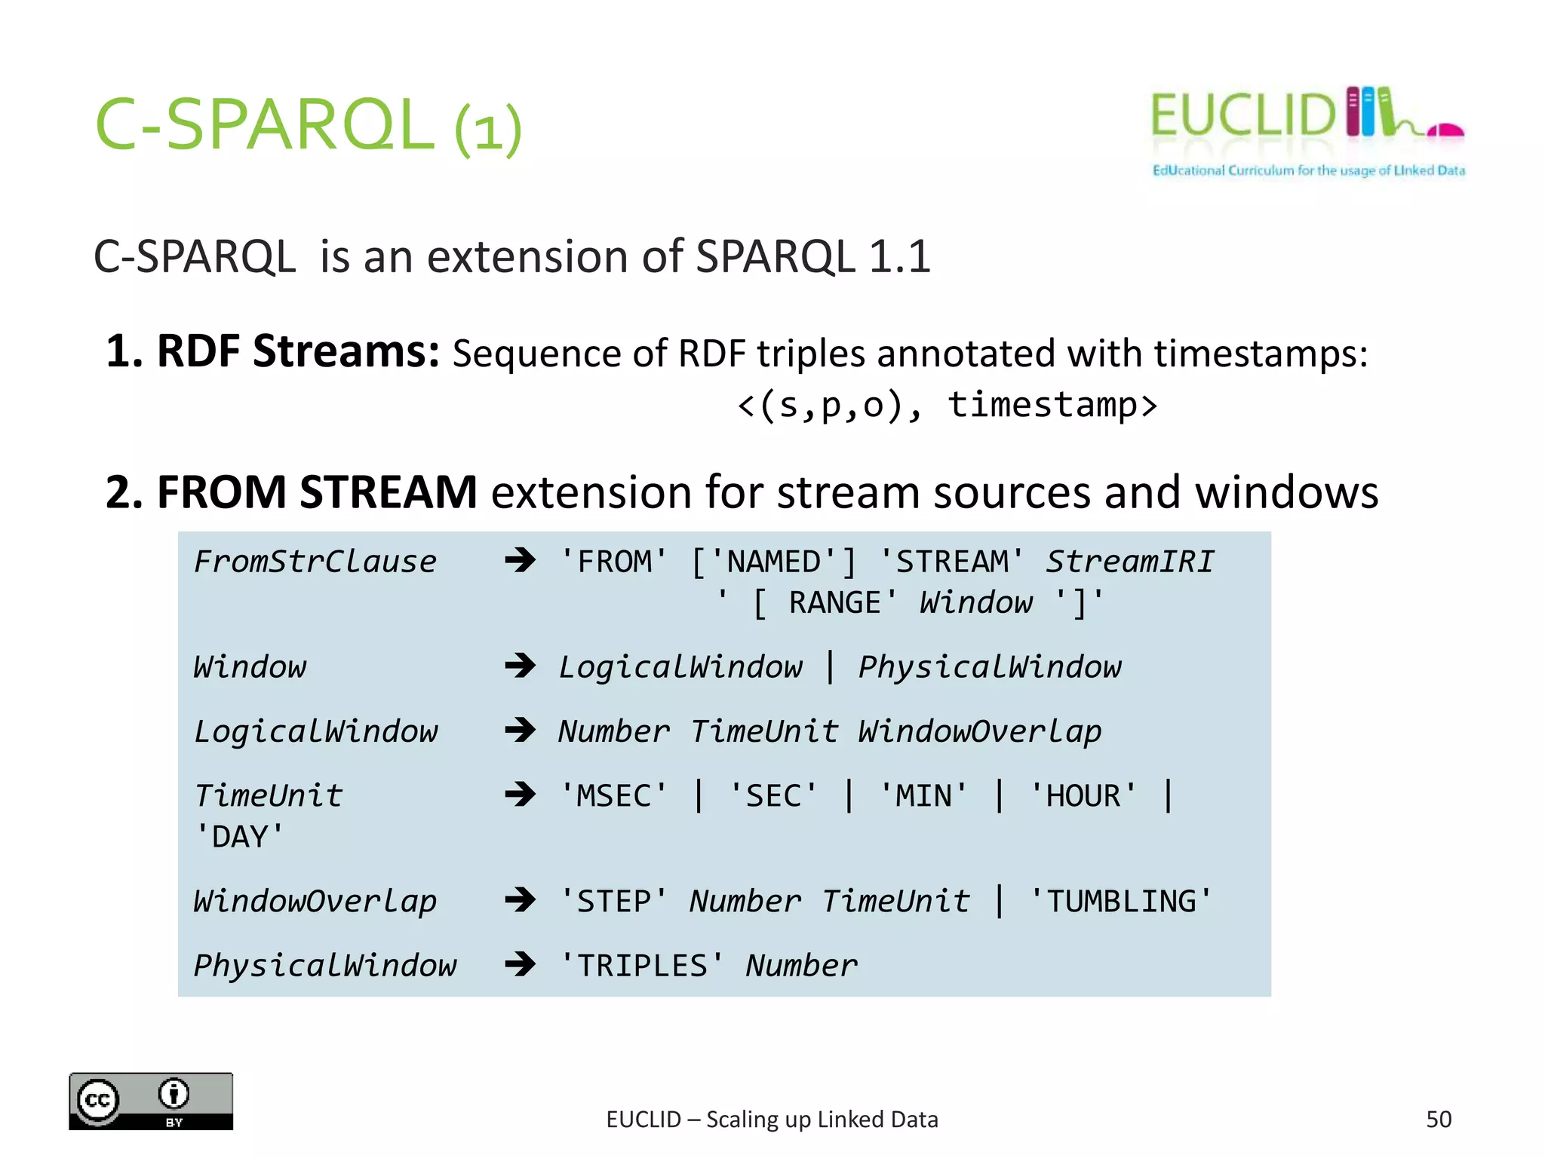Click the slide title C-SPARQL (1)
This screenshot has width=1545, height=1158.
coord(308,125)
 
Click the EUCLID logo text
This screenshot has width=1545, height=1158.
coord(1242,116)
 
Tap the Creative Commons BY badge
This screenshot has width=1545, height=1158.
coord(151,1101)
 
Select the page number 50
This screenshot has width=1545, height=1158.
coord(1438,1120)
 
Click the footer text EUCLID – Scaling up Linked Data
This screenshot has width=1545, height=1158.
coord(772,1120)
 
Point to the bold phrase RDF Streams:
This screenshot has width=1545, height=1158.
coord(272,352)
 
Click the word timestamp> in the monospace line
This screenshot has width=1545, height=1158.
coord(1052,405)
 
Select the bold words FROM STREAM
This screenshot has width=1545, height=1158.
coord(317,492)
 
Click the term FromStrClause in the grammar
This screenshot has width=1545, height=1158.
coord(315,562)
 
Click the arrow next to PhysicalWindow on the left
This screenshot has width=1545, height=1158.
coord(520,964)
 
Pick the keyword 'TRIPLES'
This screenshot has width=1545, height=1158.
coord(641,966)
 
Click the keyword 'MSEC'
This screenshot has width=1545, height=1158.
coord(613,796)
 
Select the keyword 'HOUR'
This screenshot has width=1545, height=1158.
coord(1083,796)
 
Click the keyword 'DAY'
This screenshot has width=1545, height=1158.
coord(239,838)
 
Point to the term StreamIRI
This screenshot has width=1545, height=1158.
coord(1129,562)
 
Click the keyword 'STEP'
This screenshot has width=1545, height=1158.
coord(613,902)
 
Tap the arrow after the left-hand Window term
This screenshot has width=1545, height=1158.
coord(520,666)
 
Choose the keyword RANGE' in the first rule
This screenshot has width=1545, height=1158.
coord(842,603)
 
